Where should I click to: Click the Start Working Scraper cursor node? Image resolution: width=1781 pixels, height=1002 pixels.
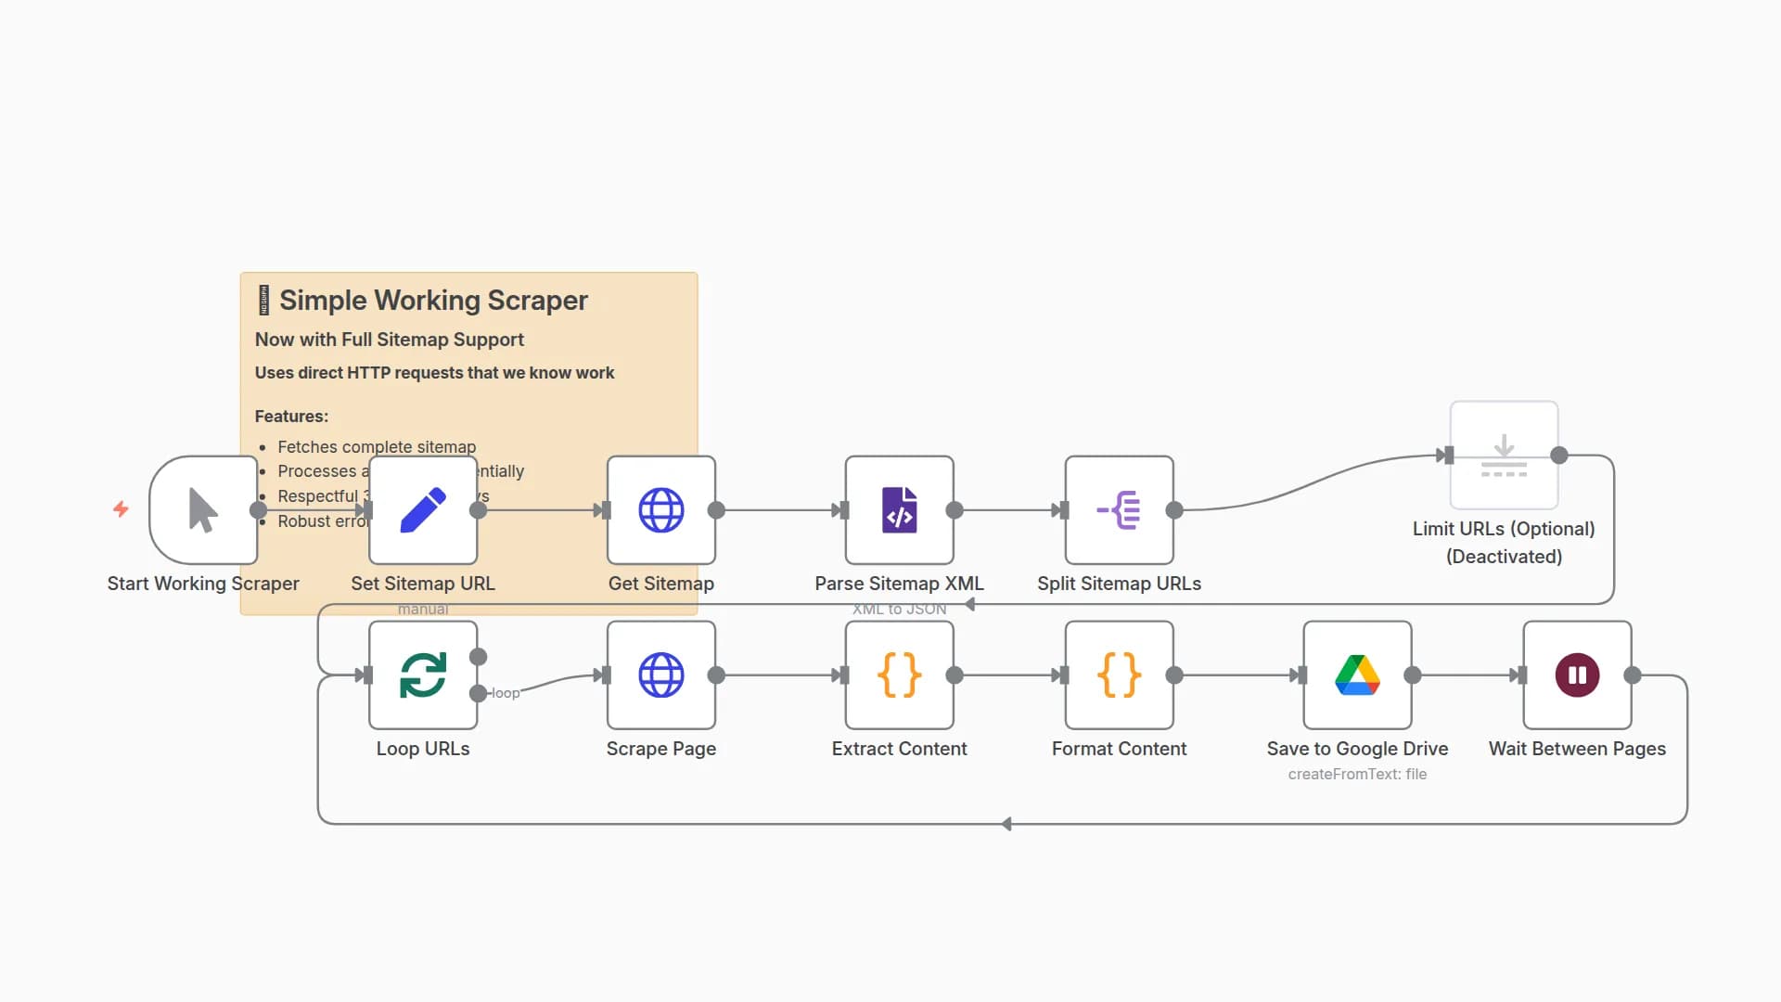tap(203, 509)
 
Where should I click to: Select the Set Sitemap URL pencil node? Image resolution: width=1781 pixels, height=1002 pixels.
tap(423, 509)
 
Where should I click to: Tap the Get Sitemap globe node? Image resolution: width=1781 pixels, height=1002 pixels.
tap(660, 509)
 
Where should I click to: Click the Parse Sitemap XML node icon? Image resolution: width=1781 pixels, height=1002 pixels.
tap(899, 509)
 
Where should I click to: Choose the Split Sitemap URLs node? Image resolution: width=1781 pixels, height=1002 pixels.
tap(1119, 509)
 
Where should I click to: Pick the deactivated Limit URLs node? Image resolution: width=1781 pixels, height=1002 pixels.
tap(1504, 455)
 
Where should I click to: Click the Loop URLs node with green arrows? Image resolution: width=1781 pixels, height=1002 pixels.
tap(423, 674)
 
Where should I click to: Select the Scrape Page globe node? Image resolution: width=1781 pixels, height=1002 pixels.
tap(660, 674)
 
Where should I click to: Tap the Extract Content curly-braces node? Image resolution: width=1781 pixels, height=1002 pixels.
tap(899, 674)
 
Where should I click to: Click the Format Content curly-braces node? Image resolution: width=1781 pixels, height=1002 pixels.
tap(1119, 674)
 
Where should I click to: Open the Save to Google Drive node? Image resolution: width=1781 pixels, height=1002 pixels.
tap(1357, 674)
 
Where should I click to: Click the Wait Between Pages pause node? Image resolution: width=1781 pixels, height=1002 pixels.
tap(1577, 674)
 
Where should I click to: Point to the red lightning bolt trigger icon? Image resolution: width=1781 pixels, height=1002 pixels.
tap(121, 508)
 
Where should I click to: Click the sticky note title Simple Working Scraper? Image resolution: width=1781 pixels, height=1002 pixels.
tap(433, 301)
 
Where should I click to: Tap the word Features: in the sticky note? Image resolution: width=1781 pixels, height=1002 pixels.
tap(291, 417)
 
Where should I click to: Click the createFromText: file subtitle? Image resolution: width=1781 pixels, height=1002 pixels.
tap(1357, 774)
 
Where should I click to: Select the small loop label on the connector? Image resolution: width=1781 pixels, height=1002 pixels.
tap(506, 693)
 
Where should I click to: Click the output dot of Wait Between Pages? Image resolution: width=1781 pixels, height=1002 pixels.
tap(1633, 675)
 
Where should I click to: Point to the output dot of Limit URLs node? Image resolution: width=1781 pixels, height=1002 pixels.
tap(1559, 456)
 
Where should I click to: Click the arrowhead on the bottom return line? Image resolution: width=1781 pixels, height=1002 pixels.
tap(1006, 824)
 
